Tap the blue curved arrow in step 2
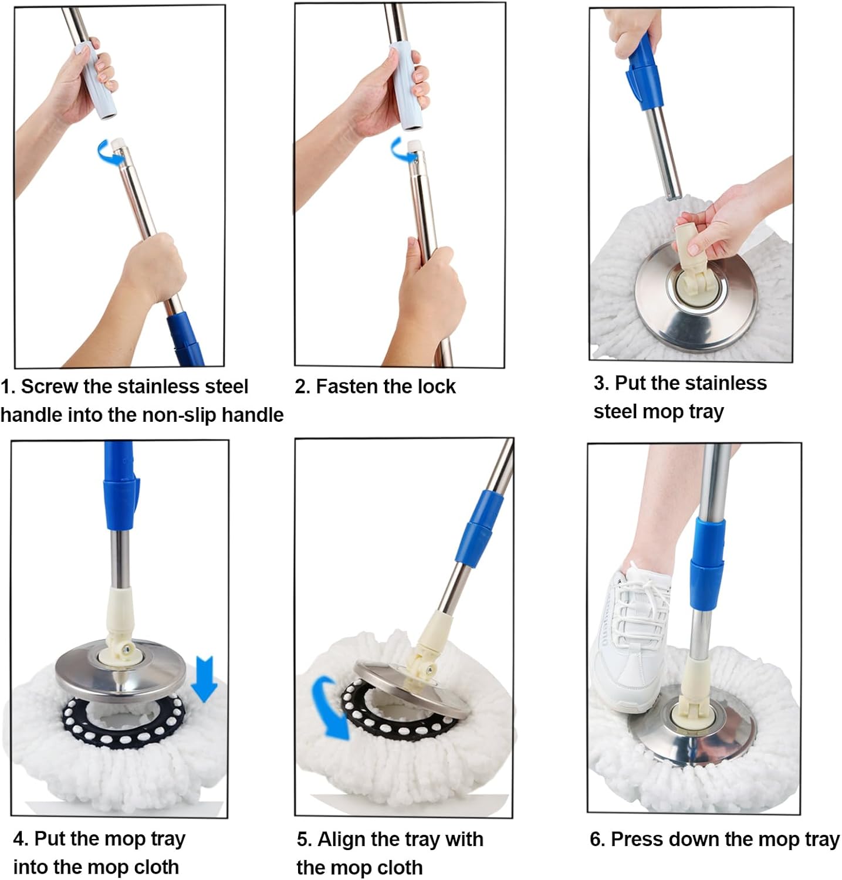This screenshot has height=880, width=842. pyautogui.click(x=400, y=151)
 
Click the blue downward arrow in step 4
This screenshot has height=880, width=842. pyautogui.click(x=205, y=678)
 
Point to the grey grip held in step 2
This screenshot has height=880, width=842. pyautogui.click(x=408, y=86)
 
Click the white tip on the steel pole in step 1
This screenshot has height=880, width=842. pyautogui.click(x=120, y=143)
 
